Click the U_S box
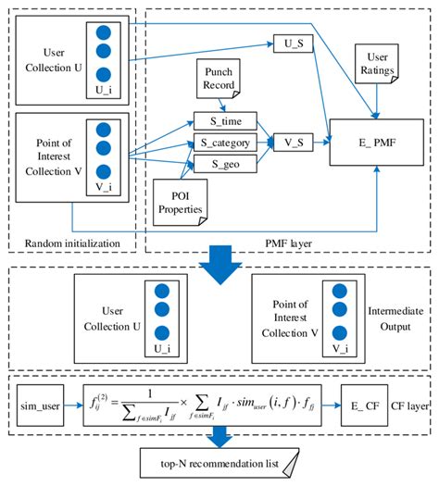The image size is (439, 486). coord(287,44)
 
